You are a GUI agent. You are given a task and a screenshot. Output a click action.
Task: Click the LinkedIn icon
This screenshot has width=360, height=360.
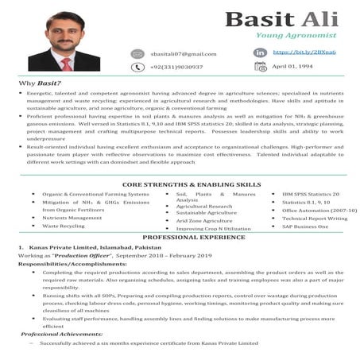pos(260,52)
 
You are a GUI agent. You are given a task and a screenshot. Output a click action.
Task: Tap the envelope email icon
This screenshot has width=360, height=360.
pos(138,54)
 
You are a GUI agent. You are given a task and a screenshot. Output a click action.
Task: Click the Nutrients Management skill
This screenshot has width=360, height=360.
pos(72,217)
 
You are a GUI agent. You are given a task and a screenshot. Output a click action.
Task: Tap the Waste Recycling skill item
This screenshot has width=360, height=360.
pos(63,226)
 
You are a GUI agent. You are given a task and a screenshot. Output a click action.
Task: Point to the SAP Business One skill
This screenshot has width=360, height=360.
pos(305,226)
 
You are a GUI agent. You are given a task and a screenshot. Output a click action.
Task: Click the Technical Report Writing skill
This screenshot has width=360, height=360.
pos(315,218)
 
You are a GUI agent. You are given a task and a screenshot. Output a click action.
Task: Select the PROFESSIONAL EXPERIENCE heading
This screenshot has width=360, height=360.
pos(180,238)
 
